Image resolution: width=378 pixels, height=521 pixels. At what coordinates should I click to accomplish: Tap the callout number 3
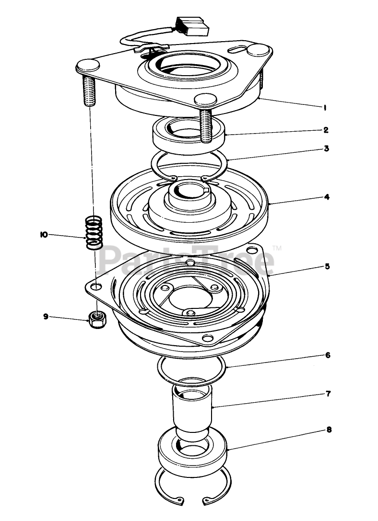coord(326,148)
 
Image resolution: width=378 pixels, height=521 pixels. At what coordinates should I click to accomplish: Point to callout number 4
coord(326,197)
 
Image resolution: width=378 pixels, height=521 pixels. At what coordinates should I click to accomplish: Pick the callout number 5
coord(327,266)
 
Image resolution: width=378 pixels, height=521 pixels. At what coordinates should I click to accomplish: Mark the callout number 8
coord(328,430)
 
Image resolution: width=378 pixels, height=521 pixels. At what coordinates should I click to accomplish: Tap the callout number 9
coord(46,317)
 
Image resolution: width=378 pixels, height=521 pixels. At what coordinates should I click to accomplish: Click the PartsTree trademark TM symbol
coord(277,248)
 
